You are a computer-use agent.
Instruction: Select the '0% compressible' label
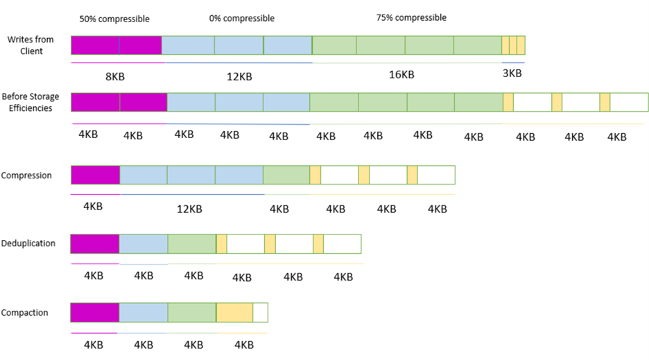(242, 18)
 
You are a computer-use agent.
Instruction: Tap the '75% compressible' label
(412, 17)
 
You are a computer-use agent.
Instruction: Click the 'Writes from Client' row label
(26, 46)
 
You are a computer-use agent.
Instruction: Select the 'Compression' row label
(26, 175)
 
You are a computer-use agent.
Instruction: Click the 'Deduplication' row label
(28, 243)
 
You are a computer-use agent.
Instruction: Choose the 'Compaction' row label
(25, 313)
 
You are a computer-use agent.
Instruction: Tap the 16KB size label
(402, 75)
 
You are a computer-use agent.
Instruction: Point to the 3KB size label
(513, 74)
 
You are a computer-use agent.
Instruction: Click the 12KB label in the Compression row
(190, 209)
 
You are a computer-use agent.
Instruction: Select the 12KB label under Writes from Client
(239, 76)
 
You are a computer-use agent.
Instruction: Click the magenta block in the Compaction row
(95, 313)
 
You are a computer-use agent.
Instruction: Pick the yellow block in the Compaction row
(234, 313)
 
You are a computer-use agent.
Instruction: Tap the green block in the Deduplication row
(192, 244)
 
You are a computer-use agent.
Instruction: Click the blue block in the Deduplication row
(144, 244)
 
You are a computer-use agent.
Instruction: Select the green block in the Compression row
(286, 175)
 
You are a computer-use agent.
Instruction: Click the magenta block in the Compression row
(95, 175)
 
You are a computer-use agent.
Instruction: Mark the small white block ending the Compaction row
(260, 313)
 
